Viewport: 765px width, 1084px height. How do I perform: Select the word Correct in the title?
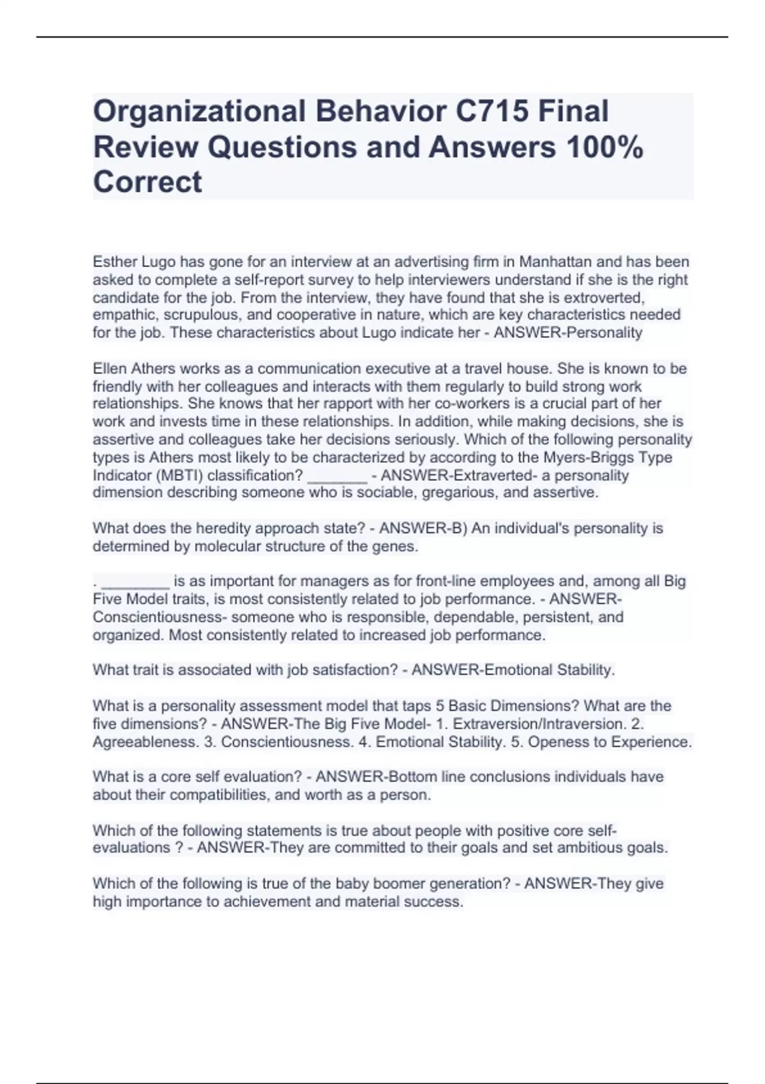pyautogui.click(x=147, y=182)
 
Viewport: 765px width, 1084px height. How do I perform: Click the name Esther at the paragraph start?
pyautogui.click(x=115, y=262)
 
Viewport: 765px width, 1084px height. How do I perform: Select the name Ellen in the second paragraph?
pyautogui.click(x=110, y=369)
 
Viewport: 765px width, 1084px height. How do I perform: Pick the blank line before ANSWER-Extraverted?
pyautogui.click(x=337, y=475)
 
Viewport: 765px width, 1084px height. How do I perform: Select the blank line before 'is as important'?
pyautogui.click(x=136, y=582)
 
